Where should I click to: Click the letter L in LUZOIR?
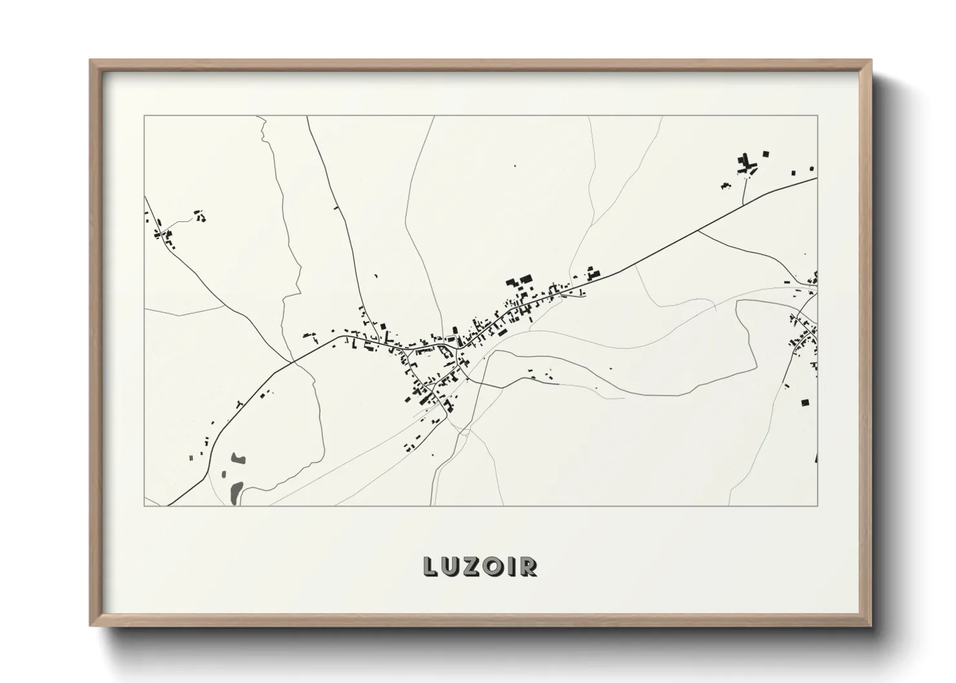tap(430, 567)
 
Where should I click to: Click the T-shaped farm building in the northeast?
tap(748, 162)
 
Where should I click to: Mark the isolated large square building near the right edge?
tap(805, 402)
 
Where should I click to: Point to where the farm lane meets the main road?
tap(743, 205)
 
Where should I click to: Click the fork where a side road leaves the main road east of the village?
tap(700, 230)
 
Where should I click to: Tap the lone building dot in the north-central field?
tap(515, 167)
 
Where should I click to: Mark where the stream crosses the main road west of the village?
tap(295, 362)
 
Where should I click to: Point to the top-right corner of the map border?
tap(817, 116)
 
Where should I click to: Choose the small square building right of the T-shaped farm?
tap(766, 154)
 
